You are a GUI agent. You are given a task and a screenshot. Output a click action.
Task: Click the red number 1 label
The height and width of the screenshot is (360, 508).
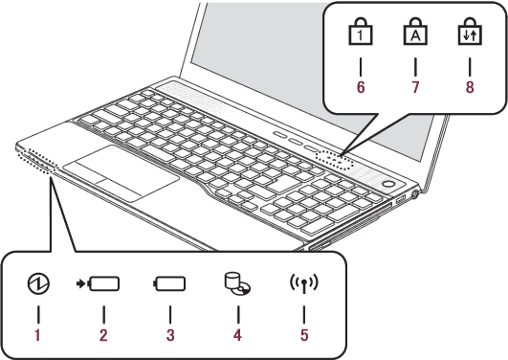pyautogui.click(x=37, y=335)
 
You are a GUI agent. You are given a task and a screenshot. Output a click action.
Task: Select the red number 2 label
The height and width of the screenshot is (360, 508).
pyautogui.click(x=103, y=335)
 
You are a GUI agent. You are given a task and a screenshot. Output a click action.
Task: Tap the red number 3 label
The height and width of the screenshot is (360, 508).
pyautogui.click(x=170, y=335)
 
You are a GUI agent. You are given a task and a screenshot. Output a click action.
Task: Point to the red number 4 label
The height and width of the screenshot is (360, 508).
pyautogui.click(x=237, y=335)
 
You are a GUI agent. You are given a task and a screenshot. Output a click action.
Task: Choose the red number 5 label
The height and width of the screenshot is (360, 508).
pyautogui.click(x=304, y=335)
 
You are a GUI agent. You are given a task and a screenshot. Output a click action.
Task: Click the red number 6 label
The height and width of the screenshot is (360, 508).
pyautogui.click(x=361, y=87)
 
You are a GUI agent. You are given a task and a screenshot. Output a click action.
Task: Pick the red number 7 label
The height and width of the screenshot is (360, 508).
pyautogui.click(x=415, y=87)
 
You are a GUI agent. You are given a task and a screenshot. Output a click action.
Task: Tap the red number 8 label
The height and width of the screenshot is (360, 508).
pyautogui.click(x=470, y=87)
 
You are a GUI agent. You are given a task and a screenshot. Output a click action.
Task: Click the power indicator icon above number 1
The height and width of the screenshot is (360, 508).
pyautogui.click(x=38, y=283)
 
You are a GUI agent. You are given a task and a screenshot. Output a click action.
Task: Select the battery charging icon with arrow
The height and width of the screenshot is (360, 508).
pyautogui.click(x=98, y=283)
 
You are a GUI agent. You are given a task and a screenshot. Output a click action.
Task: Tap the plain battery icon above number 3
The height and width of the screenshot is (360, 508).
pyautogui.click(x=169, y=283)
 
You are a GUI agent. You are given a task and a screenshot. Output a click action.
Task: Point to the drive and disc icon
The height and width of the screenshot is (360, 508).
pyautogui.click(x=238, y=283)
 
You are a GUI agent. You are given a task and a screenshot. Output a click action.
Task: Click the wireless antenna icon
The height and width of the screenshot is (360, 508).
pyautogui.click(x=304, y=284)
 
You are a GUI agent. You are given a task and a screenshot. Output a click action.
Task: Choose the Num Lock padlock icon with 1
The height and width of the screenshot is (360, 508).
pyautogui.click(x=361, y=32)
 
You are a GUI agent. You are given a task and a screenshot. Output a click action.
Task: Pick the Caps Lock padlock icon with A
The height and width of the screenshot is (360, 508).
pyautogui.click(x=415, y=32)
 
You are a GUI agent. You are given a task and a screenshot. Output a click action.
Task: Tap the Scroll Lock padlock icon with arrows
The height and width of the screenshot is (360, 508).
pyautogui.click(x=470, y=32)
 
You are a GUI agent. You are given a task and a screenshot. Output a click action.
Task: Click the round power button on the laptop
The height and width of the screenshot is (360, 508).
pyautogui.click(x=387, y=184)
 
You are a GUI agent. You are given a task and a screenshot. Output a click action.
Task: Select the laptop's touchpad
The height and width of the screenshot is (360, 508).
pyautogui.click(x=121, y=173)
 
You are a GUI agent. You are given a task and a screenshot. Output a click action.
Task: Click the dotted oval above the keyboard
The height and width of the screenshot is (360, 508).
pyautogui.click(x=334, y=160)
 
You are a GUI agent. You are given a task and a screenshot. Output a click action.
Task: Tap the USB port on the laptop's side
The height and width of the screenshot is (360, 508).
pyautogui.click(x=401, y=199)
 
